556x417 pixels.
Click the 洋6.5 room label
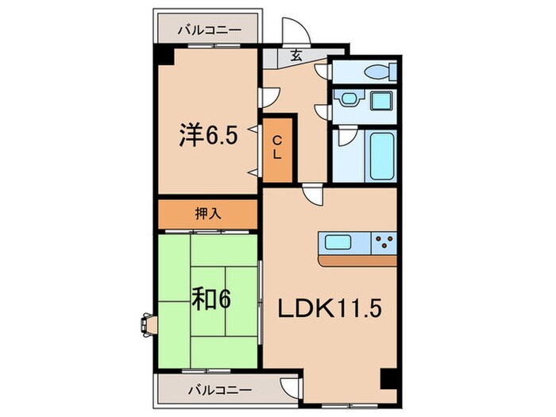coord(209,136)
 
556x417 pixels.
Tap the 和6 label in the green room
coord(210,300)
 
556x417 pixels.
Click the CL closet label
coord(277,149)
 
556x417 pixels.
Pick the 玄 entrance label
coord(295,56)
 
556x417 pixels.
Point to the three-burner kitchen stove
coord(384,242)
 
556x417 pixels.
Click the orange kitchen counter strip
coord(357,260)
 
